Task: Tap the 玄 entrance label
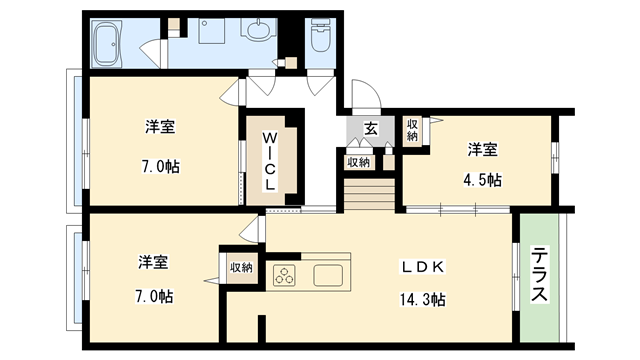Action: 370,128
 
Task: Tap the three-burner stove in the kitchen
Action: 288,274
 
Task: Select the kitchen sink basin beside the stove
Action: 330,274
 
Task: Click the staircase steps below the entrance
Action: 369,189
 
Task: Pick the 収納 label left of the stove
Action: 241,267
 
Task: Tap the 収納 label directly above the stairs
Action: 358,161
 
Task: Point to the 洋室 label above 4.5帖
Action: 483,149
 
